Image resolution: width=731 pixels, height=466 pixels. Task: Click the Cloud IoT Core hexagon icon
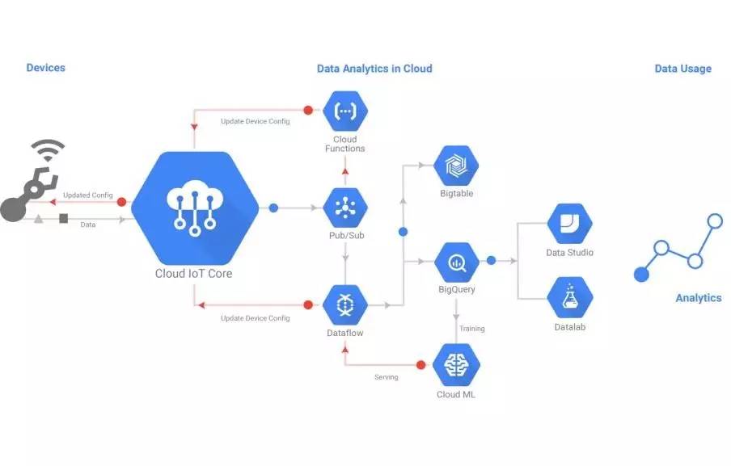pos(195,208)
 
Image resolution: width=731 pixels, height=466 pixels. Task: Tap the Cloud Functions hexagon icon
pos(345,111)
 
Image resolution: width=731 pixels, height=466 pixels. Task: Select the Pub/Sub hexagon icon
pos(345,208)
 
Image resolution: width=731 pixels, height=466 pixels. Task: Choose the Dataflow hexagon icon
pos(345,305)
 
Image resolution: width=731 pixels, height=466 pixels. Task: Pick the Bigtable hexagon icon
pos(456,166)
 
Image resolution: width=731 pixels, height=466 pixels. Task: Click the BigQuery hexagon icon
pos(457,262)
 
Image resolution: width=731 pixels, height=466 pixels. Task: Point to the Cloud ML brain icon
pos(456,364)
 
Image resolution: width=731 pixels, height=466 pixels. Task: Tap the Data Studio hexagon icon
pos(570,224)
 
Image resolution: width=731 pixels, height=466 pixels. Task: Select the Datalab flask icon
pos(570,297)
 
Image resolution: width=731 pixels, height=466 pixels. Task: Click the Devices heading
pos(45,68)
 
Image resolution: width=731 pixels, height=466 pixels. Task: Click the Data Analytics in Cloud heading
pos(374,69)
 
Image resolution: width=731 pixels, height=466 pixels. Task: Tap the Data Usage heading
pos(683,69)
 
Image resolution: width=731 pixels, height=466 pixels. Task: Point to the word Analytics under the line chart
pos(699,298)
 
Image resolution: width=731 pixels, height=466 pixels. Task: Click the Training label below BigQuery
pos(471,329)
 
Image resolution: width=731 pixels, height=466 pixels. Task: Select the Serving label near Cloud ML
pos(387,377)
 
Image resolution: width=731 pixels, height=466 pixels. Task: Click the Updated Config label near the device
pos(87,195)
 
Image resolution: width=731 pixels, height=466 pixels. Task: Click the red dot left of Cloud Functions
pos(308,111)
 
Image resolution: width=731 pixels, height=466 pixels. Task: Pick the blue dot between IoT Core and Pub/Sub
pos(273,208)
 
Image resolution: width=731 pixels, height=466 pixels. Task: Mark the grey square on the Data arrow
pos(64,218)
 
